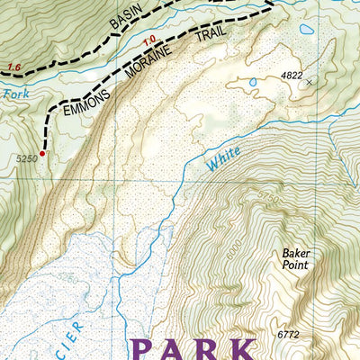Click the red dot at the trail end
point(41,154)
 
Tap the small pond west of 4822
point(253,83)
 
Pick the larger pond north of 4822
point(307,29)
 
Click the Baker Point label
point(293,259)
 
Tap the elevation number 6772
point(288,335)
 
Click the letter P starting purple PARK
point(148,349)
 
